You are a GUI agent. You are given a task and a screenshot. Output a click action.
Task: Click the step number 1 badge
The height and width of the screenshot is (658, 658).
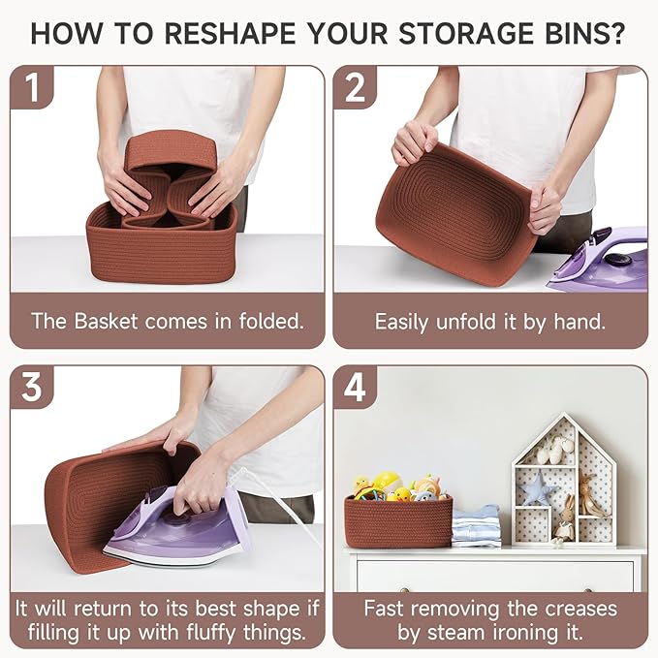pos(32,87)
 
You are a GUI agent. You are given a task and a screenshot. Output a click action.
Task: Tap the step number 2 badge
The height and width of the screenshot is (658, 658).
pos(355,87)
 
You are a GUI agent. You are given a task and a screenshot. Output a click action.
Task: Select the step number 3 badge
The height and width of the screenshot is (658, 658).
pos(32,387)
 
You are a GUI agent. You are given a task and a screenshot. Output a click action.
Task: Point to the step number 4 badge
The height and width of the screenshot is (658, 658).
pos(355,387)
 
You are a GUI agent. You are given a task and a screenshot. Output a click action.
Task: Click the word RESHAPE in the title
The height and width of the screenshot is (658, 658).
pos(230,33)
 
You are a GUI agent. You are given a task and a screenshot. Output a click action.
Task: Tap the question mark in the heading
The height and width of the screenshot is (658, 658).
pos(616,33)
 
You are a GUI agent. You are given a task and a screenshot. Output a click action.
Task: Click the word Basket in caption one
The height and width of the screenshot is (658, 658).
pos(106,322)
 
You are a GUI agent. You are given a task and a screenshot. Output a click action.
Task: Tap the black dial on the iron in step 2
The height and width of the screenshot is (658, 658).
pos(616,260)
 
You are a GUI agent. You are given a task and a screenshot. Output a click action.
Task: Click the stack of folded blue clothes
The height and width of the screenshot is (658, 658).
pos(476,525)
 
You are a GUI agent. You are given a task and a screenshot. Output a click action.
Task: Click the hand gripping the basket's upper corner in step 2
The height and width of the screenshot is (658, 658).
pos(415,141)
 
